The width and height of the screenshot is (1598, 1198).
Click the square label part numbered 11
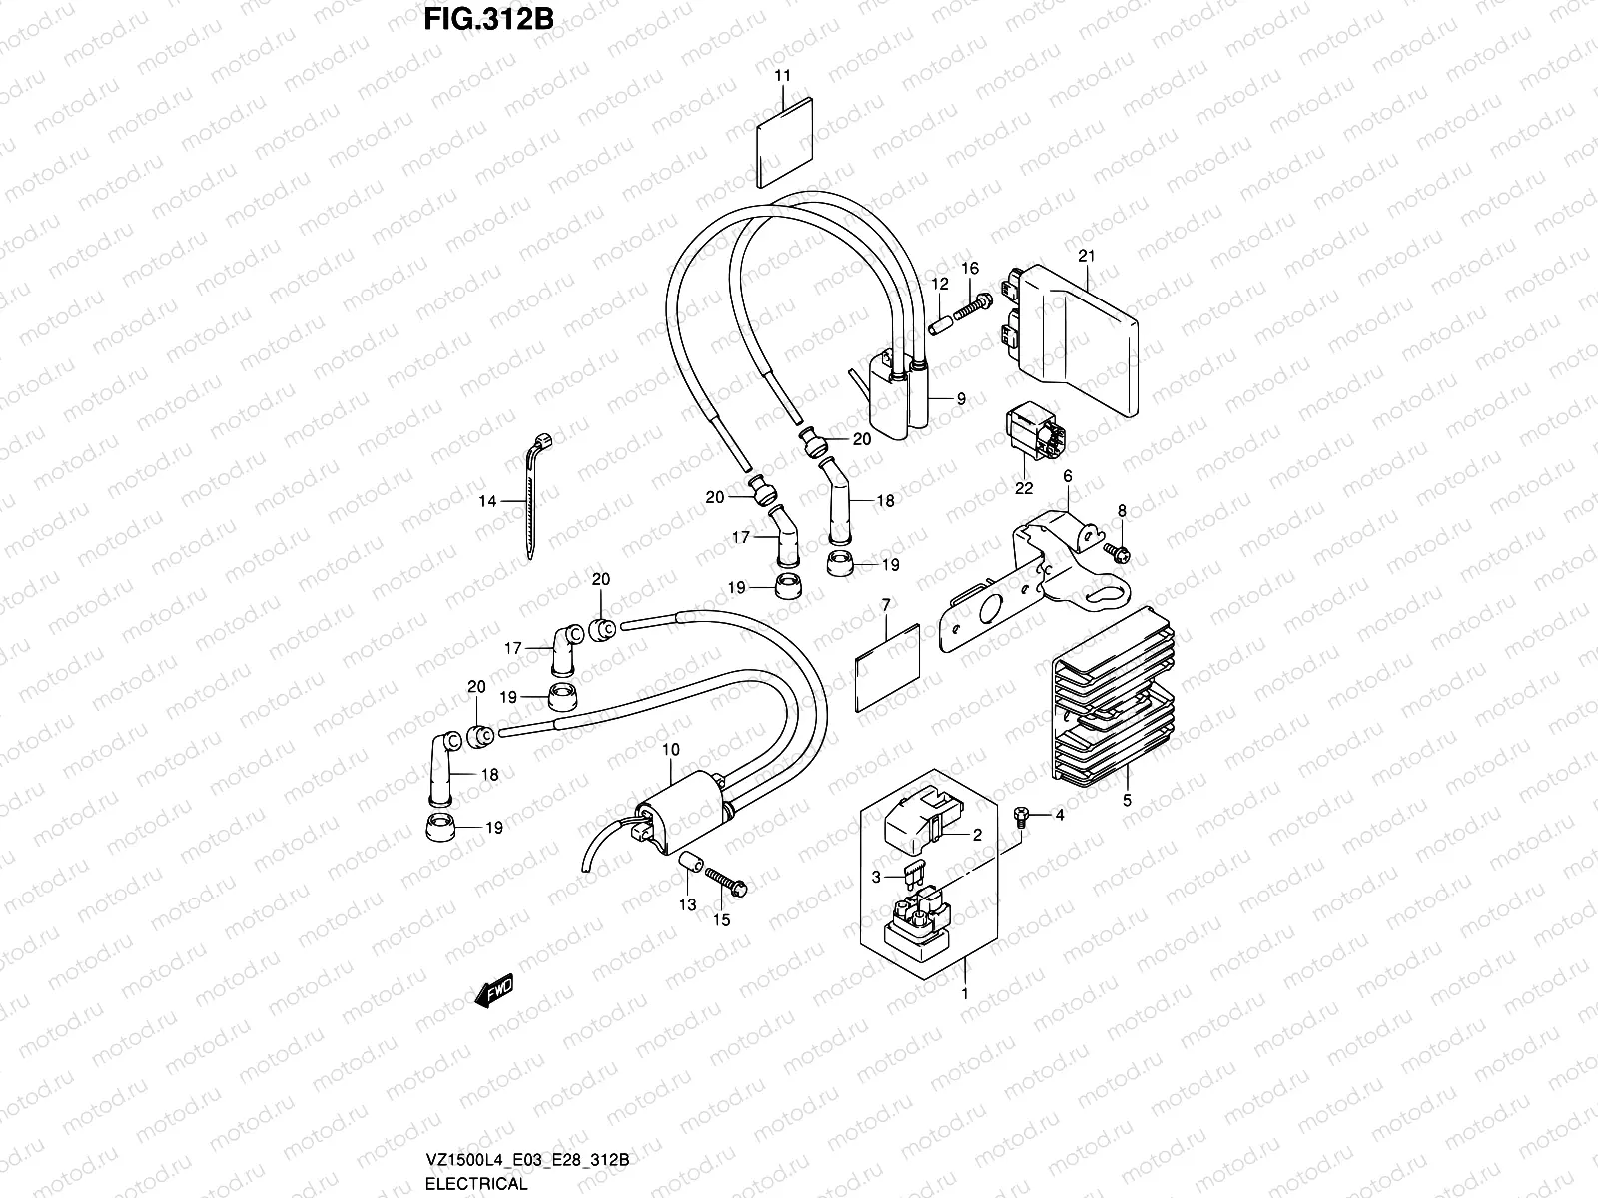[x=786, y=142]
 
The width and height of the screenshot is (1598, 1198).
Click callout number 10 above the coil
[x=670, y=749]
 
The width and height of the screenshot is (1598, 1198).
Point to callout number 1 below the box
[x=964, y=994]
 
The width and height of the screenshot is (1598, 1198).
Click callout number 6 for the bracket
[x=1067, y=476]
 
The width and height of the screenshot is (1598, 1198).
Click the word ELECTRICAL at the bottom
[x=475, y=1184]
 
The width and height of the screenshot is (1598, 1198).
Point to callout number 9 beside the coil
[x=960, y=398]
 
